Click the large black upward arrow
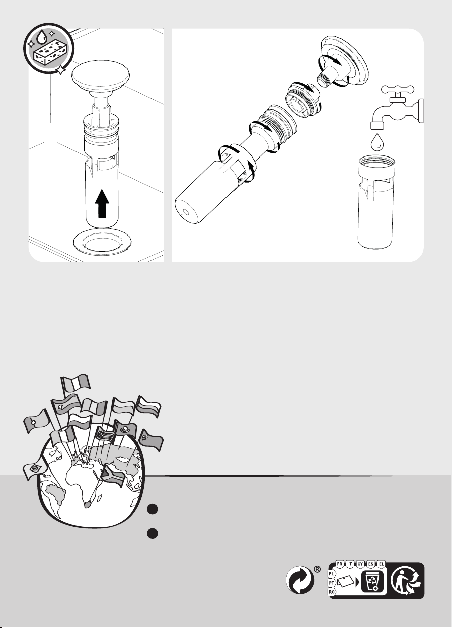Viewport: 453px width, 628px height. point(102,204)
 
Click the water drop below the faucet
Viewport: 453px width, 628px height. point(377,142)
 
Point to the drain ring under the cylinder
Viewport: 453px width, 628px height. point(102,241)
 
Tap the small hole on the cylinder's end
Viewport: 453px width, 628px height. point(185,211)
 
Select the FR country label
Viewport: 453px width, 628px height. point(340,564)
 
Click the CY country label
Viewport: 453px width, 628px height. point(360,564)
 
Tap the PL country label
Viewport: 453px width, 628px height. point(332,574)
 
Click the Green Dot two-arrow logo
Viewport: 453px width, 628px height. point(299,580)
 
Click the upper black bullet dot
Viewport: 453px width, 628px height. point(153,509)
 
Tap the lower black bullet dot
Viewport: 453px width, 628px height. point(153,533)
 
